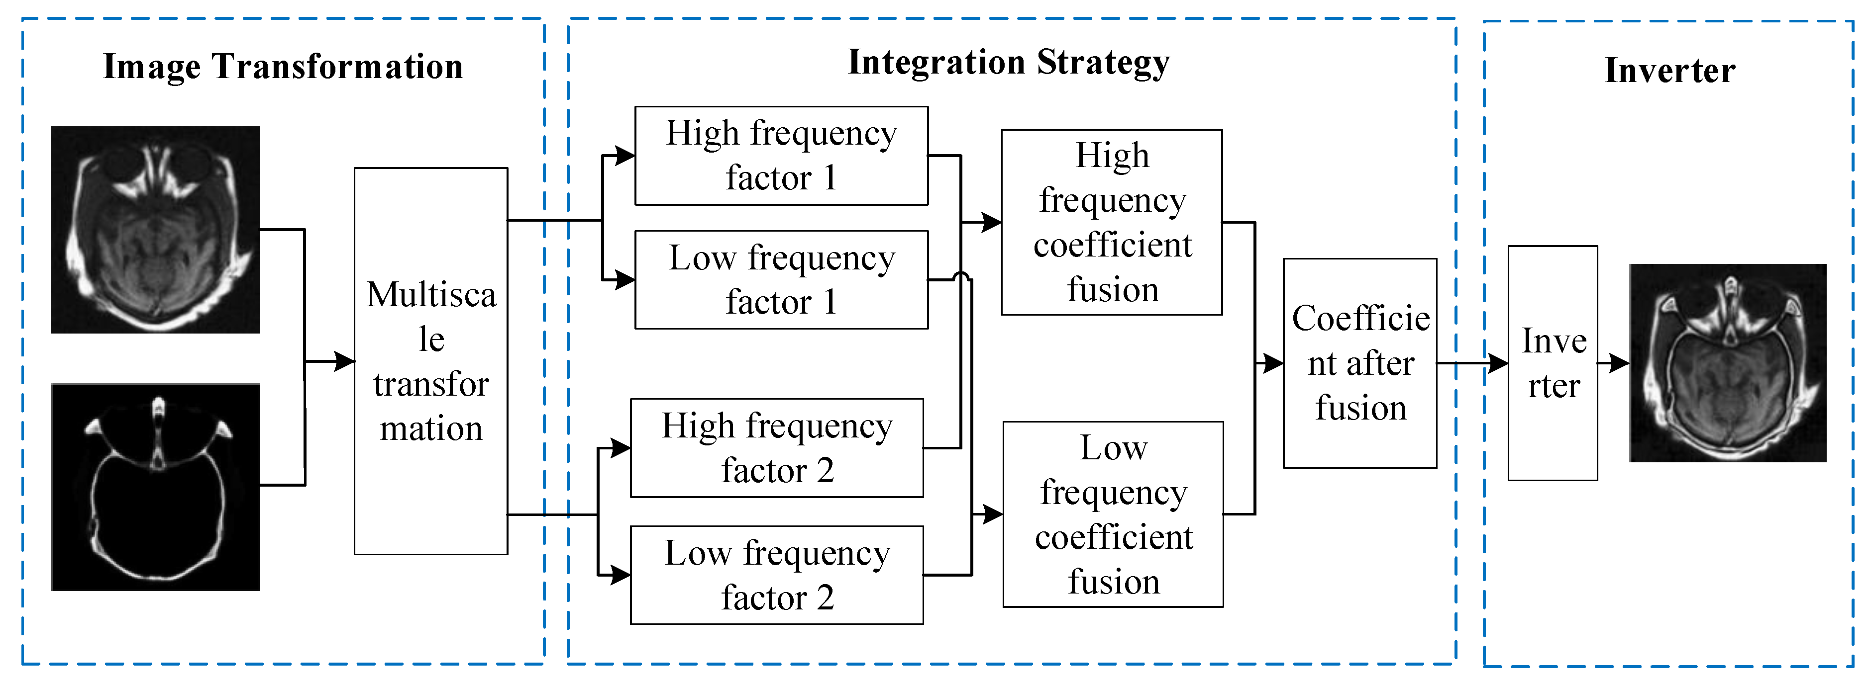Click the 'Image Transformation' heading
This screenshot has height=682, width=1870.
[x=283, y=67]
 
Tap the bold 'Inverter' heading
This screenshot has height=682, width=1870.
[x=1669, y=71]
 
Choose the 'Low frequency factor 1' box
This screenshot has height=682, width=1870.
[x=781, y=279]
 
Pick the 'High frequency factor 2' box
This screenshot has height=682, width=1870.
[x=777, y=448]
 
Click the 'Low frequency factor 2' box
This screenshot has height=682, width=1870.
[x=777, y=575]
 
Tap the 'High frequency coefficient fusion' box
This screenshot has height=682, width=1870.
[x=1112, y=222]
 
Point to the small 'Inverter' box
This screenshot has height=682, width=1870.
[x=1552, y=363]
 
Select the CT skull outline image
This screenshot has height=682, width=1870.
[x=155, y=487]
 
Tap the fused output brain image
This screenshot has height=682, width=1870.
[x=1727, y=363]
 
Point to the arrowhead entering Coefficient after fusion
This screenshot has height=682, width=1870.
[x=1272, y=363]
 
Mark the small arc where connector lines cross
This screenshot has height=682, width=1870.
[x=961, y=276]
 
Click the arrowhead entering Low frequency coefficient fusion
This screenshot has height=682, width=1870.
[x=993, y=514]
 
